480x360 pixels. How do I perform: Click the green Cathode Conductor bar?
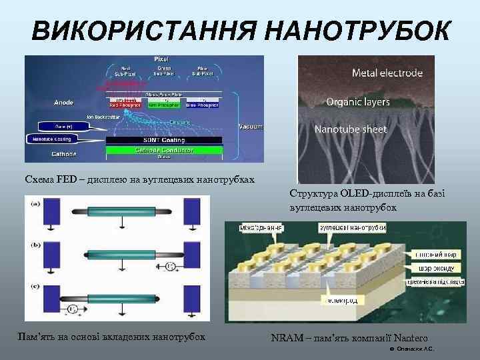point(164,150)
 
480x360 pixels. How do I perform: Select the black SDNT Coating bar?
point(164,140)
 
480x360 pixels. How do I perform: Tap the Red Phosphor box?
point(124,104)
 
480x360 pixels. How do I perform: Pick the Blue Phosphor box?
point(203,104)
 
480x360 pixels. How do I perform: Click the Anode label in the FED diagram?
point(63,103)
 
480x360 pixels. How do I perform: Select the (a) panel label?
point(34,203)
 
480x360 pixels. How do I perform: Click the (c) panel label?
point(34,287)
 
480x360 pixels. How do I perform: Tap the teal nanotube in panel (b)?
point(127,255)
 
